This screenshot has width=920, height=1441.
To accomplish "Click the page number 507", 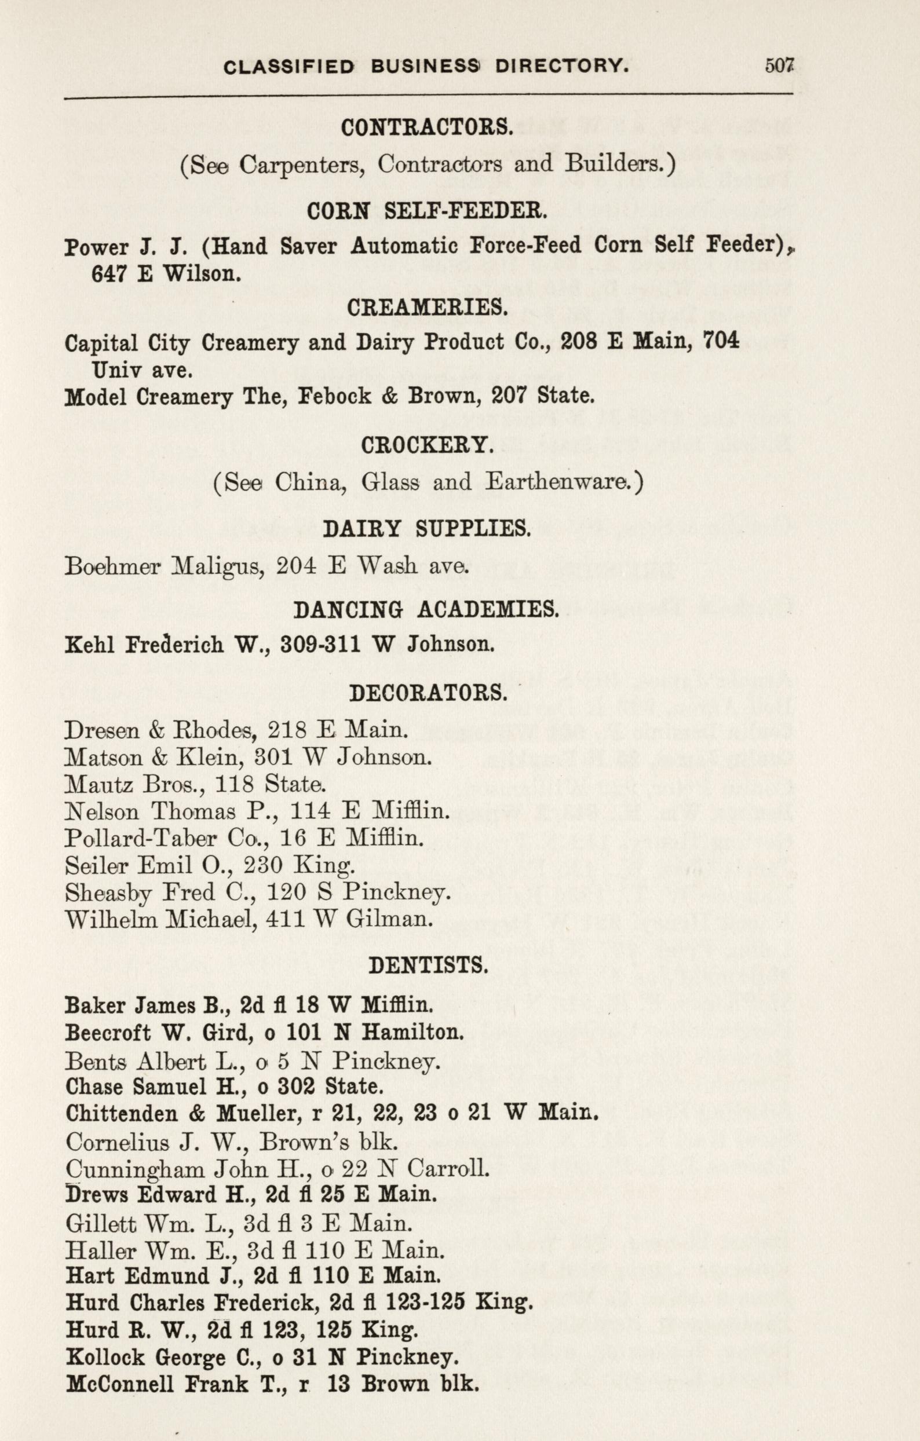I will [x=779, y=65].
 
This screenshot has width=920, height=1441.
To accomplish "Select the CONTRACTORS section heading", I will [x=427, y=127].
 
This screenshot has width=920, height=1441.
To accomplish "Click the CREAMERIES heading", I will [x=427, y=308].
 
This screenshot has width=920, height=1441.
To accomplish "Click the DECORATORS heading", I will [x=428, y=693].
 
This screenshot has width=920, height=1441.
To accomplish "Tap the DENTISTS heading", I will [x=428, y=965].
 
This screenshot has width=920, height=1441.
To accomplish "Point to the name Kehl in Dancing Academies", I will [x=86, y=645].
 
